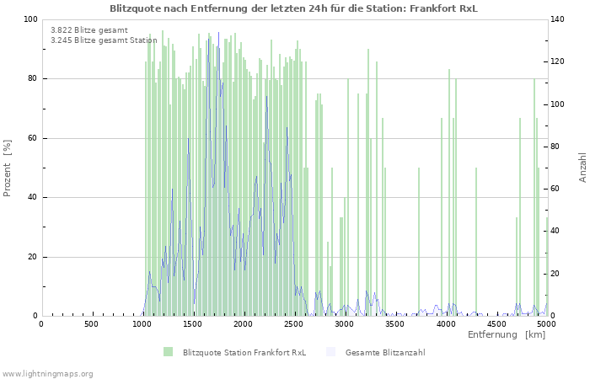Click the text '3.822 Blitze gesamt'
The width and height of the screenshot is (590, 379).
point(89,29)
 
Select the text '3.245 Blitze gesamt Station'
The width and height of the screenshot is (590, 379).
point(104,40)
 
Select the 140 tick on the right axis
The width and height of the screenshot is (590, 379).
point(559,19)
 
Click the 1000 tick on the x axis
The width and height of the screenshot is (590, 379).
point(142,324)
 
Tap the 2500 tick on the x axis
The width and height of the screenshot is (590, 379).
point(293,324)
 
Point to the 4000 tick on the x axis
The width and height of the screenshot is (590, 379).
point(445,324)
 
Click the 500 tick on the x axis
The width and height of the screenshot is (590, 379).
point(91,324)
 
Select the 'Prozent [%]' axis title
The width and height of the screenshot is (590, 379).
point(8,168)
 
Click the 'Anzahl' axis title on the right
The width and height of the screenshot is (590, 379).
point(582,168)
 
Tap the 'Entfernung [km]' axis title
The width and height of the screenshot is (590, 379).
point(506,335)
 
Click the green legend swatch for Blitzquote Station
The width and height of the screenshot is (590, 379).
point(169,352)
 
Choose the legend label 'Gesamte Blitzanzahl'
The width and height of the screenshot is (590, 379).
point(384,352)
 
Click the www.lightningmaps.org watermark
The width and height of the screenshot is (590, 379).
point(48,373)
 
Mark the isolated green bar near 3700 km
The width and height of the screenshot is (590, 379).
point(419,242)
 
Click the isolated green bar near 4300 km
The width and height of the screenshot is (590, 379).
point(476,242)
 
